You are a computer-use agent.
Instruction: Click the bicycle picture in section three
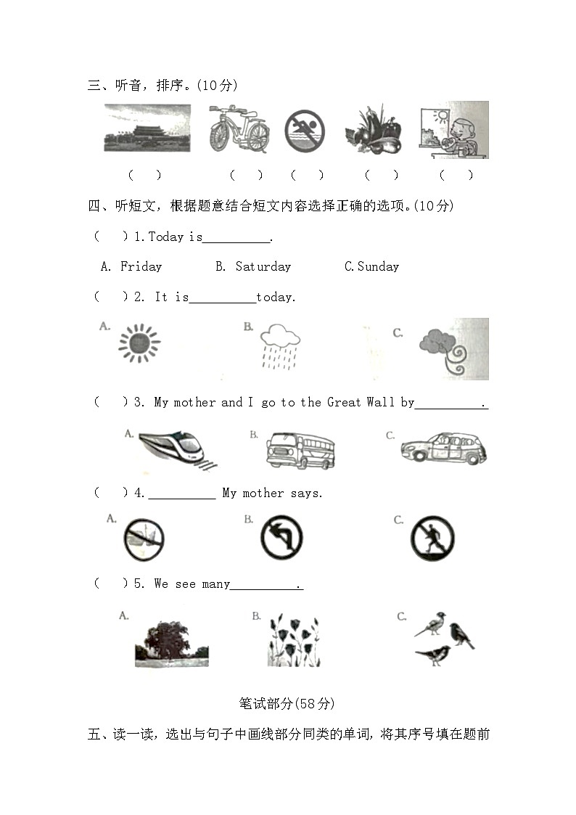pos(238,129)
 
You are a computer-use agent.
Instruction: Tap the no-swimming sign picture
pos(305,131)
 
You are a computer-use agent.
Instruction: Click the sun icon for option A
pos(139,343)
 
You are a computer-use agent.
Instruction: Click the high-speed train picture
pos(171,449)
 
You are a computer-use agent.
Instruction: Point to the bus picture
pos(300,451)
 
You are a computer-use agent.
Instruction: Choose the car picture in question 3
pos(443,449)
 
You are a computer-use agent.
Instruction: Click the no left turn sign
pos(281,539)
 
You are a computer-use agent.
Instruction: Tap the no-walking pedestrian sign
pos(432,538)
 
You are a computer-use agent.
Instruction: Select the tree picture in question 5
pos(171,642)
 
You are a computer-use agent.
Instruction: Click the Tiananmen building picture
pos(147,128)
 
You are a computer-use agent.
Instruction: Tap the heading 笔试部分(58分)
pos(287,703)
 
